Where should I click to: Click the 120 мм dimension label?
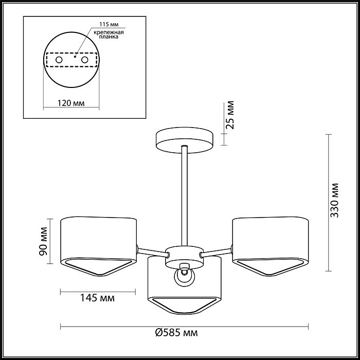[x=71, y=103]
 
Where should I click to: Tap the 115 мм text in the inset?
[x=109, y=25]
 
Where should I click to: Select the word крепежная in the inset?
[x=109, y=32]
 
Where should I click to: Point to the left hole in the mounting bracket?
[x=59, y=60]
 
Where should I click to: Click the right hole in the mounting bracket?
[x=85, y=60]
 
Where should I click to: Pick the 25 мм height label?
[x=229, y=115]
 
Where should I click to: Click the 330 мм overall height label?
[x=334, y=201]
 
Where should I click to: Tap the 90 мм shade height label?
[x=43, y=241]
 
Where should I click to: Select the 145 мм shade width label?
[x=97, y=298]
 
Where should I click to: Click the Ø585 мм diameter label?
[x=176, y=332]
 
